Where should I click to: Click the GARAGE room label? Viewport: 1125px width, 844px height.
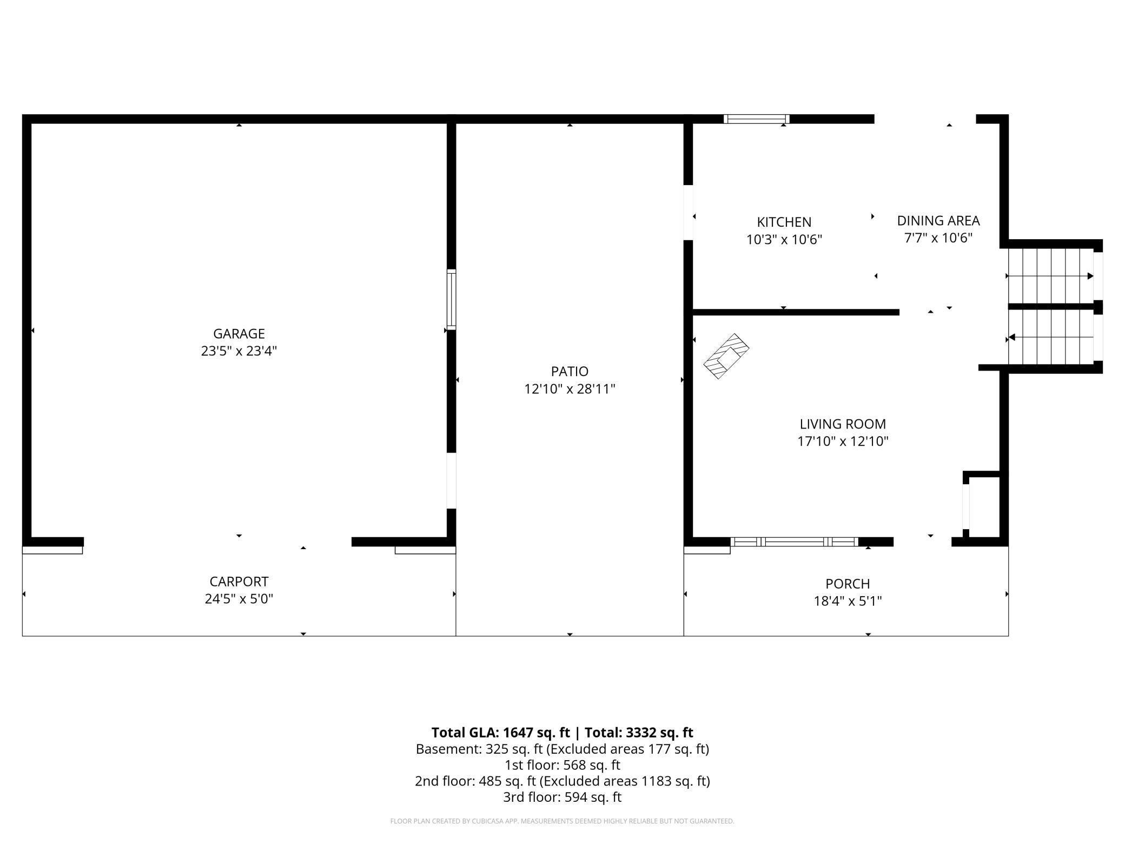click(239, 333)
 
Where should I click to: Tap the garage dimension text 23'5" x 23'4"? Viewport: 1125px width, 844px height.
click(239, 351)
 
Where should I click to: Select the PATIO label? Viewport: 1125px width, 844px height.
click(570, 371)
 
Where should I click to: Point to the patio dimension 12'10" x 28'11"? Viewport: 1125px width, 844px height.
click(570, 389)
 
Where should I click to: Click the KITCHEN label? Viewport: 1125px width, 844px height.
click(784, 222)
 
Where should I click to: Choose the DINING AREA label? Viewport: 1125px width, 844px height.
click(938, 221)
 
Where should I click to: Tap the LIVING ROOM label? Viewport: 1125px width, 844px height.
click(843, 424)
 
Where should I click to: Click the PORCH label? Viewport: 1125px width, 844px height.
click(848, 584)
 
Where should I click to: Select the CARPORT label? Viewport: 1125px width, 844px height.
click(239, 582)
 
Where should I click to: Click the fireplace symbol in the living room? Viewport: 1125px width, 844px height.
click(726, 356)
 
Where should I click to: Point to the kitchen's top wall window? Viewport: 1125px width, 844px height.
click(756, 119)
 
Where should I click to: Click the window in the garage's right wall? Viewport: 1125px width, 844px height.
click(451, 299)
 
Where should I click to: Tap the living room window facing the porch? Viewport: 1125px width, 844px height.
click(794, 542)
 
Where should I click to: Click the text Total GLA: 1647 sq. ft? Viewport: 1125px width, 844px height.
click(500, 733)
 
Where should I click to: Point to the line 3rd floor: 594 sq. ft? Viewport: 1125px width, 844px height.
click(562, 797)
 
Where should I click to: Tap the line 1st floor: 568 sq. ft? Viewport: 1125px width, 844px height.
click(562, 765)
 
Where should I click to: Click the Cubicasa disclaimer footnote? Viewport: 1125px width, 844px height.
click(562, 821)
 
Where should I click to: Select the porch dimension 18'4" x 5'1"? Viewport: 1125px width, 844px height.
click(848, 601)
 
